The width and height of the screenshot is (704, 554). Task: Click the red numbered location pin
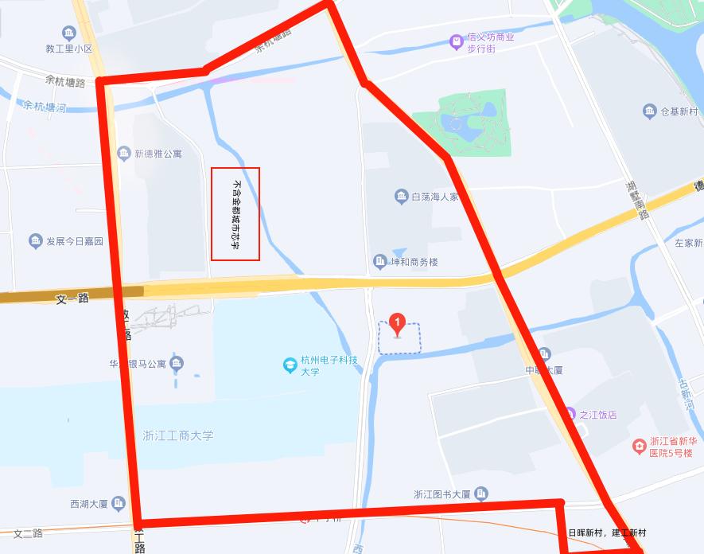(x=397, y=325)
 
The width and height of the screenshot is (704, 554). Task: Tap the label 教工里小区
(x=69, y=49)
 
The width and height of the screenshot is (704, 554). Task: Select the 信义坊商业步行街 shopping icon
(x=456, y=41)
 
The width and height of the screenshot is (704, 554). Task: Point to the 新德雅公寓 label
(x=158, y=153)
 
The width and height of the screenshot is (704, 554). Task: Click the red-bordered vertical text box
(x=235, y=213)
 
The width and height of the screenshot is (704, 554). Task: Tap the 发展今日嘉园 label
(x=75, y=240)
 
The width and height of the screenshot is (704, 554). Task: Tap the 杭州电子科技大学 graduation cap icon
(x=290, y=365)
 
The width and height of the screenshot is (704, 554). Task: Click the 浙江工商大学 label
(x=178, y=435)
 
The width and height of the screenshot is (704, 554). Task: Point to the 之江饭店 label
(x=597, y=414)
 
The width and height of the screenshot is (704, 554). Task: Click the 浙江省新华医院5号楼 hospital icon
(x=639, y=446)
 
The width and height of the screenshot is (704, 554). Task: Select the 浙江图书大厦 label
(x=441, y=494)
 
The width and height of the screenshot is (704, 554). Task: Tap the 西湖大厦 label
(x=89, y=503)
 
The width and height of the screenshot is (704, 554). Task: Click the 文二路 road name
(x=28, y=533)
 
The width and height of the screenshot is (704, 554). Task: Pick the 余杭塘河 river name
(x=45, y=105)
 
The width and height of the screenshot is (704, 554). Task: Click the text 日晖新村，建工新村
(x=607, y=533)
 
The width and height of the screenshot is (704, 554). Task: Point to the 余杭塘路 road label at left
(x=65, y=81)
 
